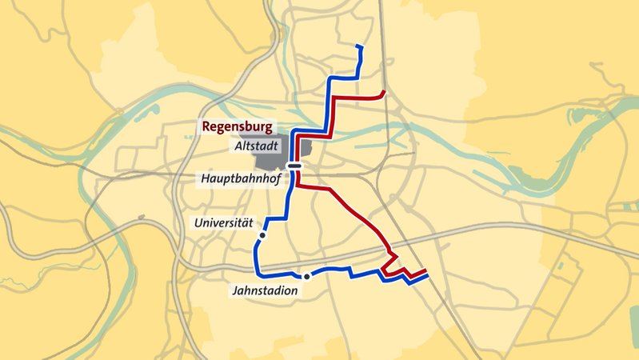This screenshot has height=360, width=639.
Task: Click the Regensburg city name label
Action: [238, 126]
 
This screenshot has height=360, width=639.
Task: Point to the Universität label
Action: [223, 223]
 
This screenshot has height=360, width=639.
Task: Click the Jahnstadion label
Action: [266, 291]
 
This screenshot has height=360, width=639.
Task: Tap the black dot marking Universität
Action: [262, 236]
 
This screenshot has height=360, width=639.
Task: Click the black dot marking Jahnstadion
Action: [306, 276]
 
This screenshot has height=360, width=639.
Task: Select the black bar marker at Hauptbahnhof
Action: [295, 166]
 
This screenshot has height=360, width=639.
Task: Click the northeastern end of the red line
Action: [385, 92]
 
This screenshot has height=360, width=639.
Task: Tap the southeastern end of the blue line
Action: [426, 277]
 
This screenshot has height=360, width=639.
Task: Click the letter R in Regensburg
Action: [206, 126]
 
